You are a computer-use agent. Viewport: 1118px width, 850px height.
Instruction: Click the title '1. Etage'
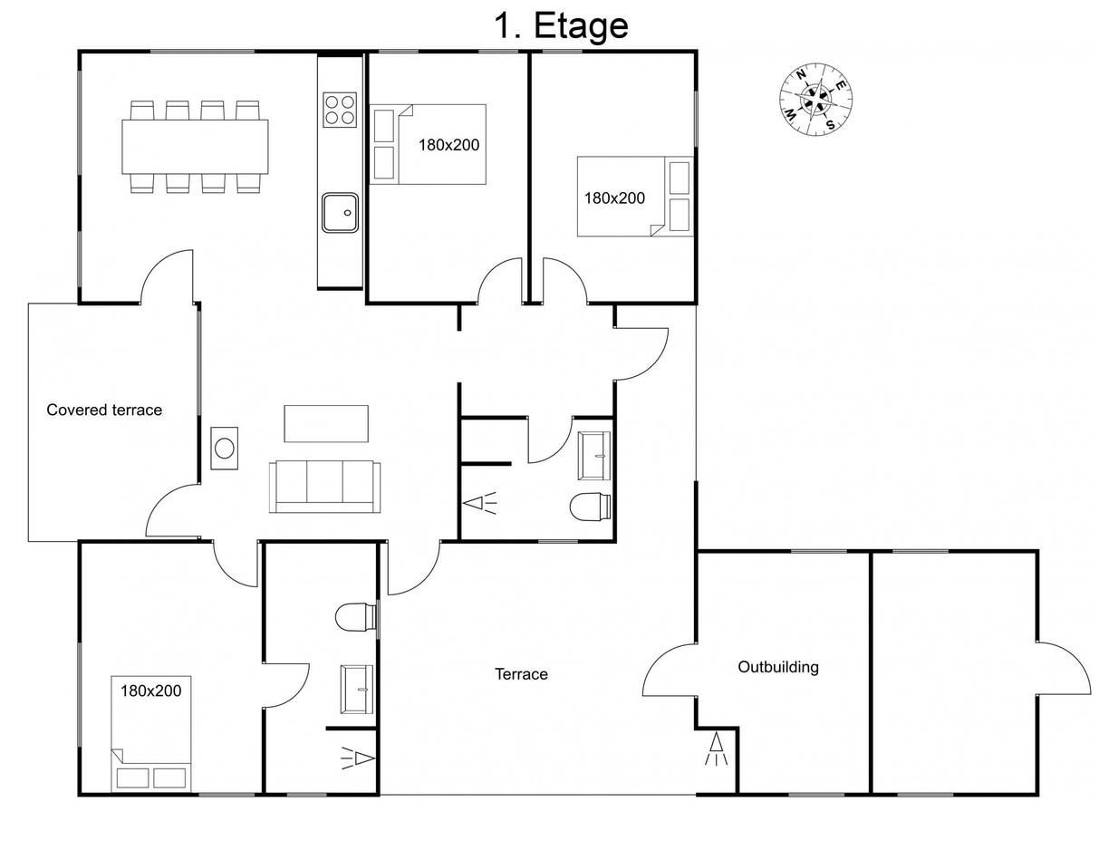pos(561,26)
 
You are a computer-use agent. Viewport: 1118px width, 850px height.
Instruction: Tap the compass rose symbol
pos(816,100)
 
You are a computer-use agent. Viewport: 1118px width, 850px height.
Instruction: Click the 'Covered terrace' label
pos(104,410)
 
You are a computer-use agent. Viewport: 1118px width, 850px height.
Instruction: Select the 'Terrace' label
pos(521,674)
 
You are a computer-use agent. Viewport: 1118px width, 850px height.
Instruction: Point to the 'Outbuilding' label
pos(777,667)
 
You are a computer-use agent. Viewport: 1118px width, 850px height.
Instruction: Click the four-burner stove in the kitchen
pos(340,110)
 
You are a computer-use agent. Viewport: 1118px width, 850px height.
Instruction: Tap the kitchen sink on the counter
pos(340,213)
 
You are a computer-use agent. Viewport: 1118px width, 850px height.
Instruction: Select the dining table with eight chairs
pos(195,147)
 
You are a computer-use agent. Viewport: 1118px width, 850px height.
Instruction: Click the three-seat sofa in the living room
pos(324,487)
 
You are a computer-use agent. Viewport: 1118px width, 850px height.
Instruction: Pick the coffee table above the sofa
pos(326,424)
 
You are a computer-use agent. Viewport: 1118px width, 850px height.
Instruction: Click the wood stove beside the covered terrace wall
pos(224,449)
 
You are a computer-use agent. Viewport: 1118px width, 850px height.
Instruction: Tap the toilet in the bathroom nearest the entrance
pos(590,507)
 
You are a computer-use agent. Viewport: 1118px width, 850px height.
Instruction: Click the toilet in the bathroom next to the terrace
pos(356,617)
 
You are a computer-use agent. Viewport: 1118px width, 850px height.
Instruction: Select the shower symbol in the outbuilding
pos(716,749)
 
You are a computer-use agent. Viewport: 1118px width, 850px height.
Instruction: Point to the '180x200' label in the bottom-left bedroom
pos(150,691)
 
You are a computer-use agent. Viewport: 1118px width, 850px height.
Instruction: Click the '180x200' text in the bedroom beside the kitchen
pos(448,145)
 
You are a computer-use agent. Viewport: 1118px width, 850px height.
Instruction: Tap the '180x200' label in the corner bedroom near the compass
pos(614,198)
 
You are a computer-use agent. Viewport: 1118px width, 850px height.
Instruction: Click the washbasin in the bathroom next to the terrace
pos(357,690)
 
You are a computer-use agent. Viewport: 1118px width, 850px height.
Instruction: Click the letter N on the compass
pos(801,76)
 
